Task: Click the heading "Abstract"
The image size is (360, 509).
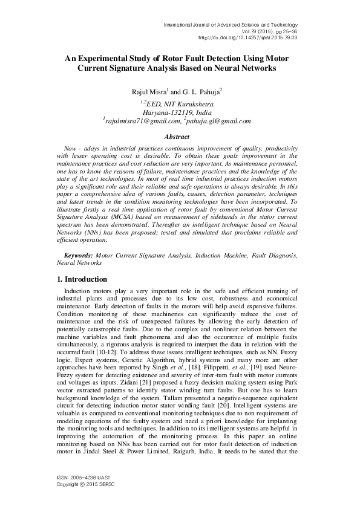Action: (179, 137)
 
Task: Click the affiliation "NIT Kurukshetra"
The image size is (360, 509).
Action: (191, 103)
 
